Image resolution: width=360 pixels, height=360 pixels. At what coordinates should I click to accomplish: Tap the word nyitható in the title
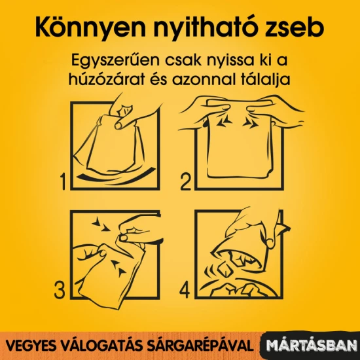click(204, 28)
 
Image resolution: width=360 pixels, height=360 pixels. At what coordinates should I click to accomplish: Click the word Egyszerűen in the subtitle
click(115, 61)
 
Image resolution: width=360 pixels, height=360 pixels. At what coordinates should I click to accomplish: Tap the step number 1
click(63, 181)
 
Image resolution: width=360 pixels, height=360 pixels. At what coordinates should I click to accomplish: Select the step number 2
click(186, 182)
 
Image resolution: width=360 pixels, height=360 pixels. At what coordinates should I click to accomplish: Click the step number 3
click(60, 290)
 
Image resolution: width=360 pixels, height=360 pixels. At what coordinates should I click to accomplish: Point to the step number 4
click(185, 290)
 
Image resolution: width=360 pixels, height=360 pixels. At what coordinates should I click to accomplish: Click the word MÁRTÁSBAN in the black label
click(312, 346)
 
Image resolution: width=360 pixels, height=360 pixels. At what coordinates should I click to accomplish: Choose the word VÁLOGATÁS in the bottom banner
click(97, 346)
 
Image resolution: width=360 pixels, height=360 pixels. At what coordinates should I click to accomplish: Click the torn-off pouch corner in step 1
click(124, 111)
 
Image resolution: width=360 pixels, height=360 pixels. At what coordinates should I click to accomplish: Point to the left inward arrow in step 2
click(224, 122)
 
